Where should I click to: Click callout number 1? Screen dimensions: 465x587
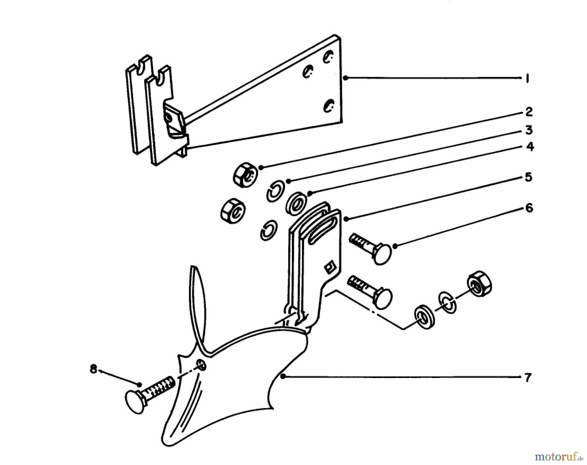point(527,79)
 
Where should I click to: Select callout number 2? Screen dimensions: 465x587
point(529,112)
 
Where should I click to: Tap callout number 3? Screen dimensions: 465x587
point(529,130)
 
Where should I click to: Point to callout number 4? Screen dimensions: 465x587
point(530,147)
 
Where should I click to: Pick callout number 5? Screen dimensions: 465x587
point(528,178)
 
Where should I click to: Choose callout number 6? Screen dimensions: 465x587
point(529,208)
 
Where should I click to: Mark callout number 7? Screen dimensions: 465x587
point(528,378)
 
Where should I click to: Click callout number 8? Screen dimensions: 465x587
point(94,370)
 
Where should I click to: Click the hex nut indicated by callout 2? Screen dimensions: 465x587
point(246,175)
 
